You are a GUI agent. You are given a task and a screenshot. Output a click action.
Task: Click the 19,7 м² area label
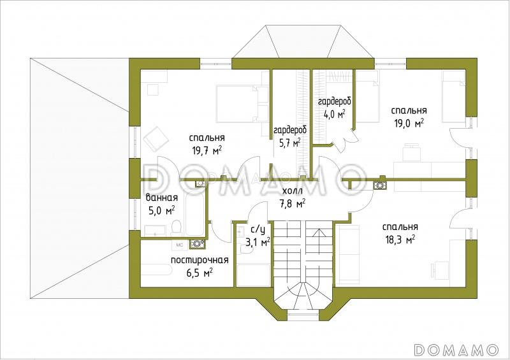pos(207,150)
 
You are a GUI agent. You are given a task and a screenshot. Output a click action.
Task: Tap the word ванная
pos(162,198)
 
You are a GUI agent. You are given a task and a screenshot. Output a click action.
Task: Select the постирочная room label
pos(200,260)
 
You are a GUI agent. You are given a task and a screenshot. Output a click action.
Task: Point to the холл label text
pos(293,191)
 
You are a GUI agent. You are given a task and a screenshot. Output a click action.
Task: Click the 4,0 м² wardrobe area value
pos(334,114)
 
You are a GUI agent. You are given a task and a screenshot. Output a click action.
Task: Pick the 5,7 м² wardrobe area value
pos(289,143)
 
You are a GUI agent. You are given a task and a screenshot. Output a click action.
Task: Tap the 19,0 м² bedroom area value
pos(409,124)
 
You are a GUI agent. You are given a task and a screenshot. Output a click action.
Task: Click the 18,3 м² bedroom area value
pos(400,240)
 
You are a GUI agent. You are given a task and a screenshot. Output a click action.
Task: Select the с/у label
pos(258,229)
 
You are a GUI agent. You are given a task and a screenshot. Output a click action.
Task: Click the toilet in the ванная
pos(176,227)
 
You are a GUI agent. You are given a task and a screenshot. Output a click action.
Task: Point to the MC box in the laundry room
pos(180,245)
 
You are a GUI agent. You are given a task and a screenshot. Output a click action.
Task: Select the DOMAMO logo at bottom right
pos(456,349)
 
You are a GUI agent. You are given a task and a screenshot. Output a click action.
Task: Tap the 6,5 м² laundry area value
pos(200,273)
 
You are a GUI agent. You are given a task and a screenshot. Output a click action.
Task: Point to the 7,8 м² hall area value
pos(293,204)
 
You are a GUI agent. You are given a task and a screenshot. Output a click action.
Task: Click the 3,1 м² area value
pos(258,242)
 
